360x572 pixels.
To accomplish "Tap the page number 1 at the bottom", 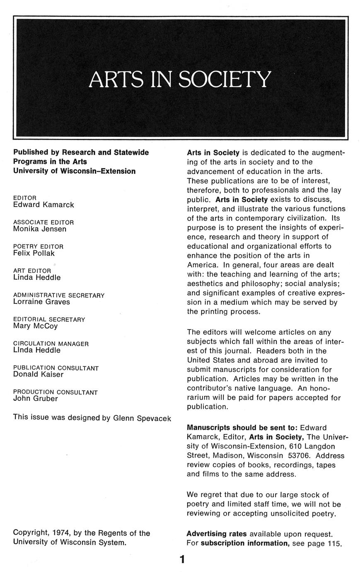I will pyautogui.click(x=182, y=559).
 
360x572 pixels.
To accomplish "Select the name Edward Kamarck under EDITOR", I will pyautogui.click(x=43, y=205).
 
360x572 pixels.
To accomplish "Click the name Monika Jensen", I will pyautogui.click(x=40, y=229).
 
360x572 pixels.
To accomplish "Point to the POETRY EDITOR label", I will pyautogui.click(x=38, y=246).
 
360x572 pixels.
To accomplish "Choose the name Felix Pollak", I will pyautogui.click(x=34, y=253).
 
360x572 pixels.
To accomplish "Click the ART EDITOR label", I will pyautogui.click(x=32, y=271).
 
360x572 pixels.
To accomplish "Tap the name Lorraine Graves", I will pyautogui.click(x=41, y=302).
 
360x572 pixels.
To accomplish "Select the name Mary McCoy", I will pyautogui.click(x=36, y=326).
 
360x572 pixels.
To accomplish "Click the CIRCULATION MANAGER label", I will pyautogui.click(x=51, y=344).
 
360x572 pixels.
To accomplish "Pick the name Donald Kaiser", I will pyautogui.click(x=38, y=374).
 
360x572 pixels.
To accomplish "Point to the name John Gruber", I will pyautogui.click(x=35, y=399).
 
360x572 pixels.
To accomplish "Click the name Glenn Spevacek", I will pyautogui.click(x=142, y=418).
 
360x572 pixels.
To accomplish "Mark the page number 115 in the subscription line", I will pyautogui.click(x=333, y=543).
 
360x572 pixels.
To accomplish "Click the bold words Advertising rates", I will pyautogui.click(x=217, y=533).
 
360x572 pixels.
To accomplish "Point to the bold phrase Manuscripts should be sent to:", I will pyautogui.click(x=242, y=427).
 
